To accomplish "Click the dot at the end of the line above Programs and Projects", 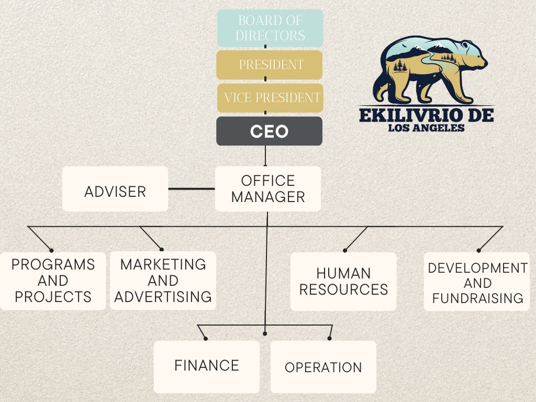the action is [x=51, y=250].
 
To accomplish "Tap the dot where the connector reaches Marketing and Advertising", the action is [x=162, y=250].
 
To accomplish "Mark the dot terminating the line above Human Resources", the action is [x=345, y=250].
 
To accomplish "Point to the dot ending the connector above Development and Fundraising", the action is [x=478, y=250].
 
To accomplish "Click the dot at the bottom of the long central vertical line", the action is [x=265, y=333].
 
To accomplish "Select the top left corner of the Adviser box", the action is [x=63, y=167].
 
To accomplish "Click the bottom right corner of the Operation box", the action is [x=376, y=393].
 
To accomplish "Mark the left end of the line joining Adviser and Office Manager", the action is [x=169, y=188].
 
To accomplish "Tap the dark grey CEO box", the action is [x=270, y=131].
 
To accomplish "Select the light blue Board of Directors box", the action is [x=271, y=28].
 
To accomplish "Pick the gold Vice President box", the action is [x=271, y=98].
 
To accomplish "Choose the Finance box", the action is [x=206, y=367].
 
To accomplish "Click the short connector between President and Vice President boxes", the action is [x=265, y=79].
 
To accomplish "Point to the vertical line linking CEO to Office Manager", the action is [x=265, y=156].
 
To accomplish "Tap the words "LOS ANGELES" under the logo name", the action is [x=426, y=128].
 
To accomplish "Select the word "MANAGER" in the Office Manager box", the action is [x=269, y=197].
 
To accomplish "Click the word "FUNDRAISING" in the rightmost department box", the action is [x=477, y=298].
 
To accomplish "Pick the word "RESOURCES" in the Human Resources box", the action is [x=343, y=289].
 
